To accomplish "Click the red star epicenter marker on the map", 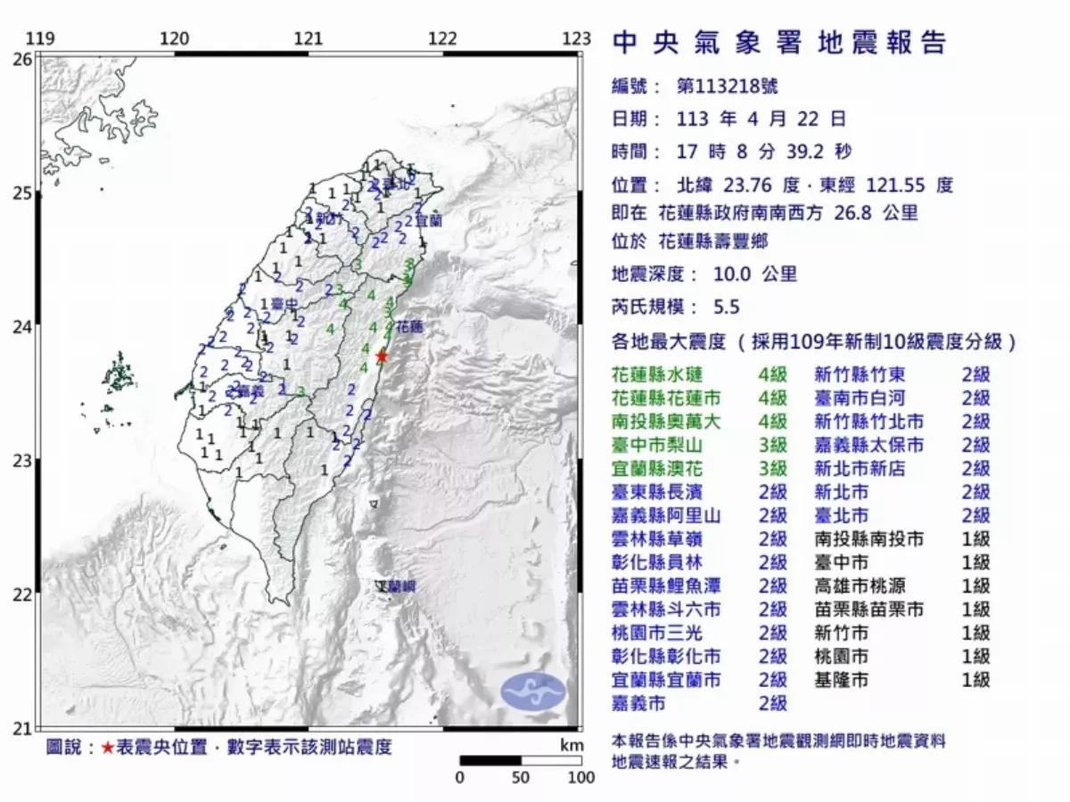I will (382, 356).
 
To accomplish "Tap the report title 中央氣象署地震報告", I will (779, 43).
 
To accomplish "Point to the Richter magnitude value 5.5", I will (727, 307).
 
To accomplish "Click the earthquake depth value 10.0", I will (734, 274).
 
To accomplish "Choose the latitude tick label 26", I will (21, 59).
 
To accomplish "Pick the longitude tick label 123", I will (577, 38).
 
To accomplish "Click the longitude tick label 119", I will (40, 38).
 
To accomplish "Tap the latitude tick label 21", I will (21, 729).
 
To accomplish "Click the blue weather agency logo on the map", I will (532, 692).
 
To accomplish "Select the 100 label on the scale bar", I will (580, 777).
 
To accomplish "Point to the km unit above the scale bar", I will (572, 745).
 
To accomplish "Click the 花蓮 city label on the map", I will (408, 327).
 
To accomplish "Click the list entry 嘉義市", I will (639, 703).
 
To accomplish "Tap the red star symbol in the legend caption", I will (107, 748).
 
